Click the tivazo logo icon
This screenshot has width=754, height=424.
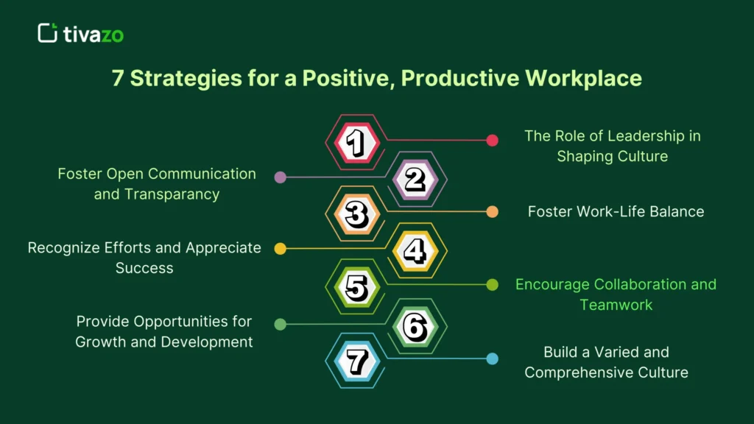(x=48, y=33)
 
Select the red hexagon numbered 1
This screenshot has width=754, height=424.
(x=356, y=142)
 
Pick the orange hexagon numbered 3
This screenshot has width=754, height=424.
(x=356, y=214)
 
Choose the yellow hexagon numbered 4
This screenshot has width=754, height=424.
(x=415, y=251)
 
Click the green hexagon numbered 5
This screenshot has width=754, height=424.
(x=356, y=287)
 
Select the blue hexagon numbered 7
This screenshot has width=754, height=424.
(x=356, y=361)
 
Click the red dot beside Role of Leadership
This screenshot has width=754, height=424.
(x=493, y=141)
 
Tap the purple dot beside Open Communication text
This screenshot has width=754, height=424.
(x=280, y=177)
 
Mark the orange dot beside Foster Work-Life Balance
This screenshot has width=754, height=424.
(x=493, y=212)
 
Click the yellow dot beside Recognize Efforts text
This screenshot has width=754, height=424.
(x=280, y=249)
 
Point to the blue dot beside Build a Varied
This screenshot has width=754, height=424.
(x=493, y=359)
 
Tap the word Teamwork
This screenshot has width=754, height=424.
(x=616, y=304)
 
